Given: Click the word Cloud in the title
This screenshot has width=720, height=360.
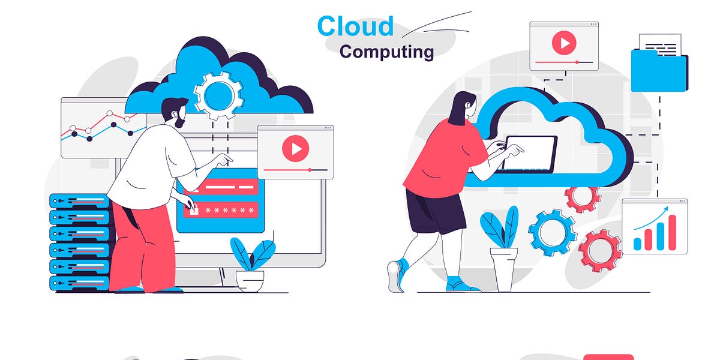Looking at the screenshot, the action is coord(355,26).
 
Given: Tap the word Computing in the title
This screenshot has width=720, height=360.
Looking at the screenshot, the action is coord(386,52).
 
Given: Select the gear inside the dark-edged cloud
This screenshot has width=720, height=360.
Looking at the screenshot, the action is coord(218,94).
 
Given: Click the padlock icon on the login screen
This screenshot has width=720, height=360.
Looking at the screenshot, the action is coord(193,210).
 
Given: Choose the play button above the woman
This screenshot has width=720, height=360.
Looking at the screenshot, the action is coord(564,43).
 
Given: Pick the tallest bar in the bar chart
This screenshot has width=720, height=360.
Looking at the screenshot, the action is coord(672,232).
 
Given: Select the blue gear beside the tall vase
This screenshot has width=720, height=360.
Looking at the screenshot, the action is coord(553,233).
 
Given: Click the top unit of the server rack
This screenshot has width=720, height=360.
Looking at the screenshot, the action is coord(79,200).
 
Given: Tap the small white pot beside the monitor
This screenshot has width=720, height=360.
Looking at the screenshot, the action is coord(250,280).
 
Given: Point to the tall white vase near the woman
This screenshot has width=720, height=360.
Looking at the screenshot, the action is coord(502,269).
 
